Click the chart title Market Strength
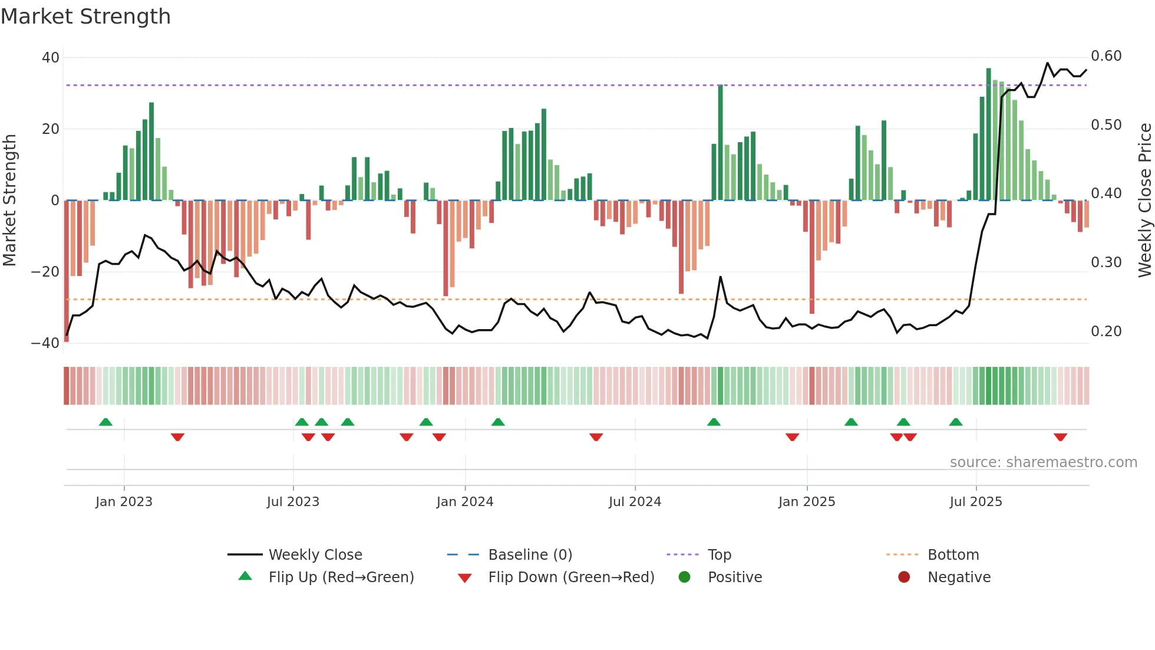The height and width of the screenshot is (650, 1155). tap(85, 17)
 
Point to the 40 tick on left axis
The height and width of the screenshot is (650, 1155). tap(51, 58)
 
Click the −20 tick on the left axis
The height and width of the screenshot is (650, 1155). tap(45, 272)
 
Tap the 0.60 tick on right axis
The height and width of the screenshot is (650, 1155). tap(1106, 56)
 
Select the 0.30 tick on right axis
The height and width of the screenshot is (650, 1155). tap(1106, 262)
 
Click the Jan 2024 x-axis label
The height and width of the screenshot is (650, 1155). tap(465, 502)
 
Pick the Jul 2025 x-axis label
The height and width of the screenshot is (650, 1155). tap(976, 502)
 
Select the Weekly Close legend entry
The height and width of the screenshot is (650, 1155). tap(315, 555)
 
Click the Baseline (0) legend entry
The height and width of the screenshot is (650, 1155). tap(530, 555)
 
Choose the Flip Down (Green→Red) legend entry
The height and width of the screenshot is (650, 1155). tap(571, 577)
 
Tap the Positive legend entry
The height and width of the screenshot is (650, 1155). tap(734, 577)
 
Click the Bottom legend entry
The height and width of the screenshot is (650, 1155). tap(953, 555)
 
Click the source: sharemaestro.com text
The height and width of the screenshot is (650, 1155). tap(1043, 462)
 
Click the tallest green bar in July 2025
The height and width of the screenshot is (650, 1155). tap(989, 134)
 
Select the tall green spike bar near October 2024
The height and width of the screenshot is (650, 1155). tap(720, 143)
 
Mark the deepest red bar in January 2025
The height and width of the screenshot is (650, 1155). tap(812, 257)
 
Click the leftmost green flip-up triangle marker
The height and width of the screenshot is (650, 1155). tap(105, 422)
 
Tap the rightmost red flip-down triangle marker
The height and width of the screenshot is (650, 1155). tap(1061, 437)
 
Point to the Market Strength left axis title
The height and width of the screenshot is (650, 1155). tap(10, 201)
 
